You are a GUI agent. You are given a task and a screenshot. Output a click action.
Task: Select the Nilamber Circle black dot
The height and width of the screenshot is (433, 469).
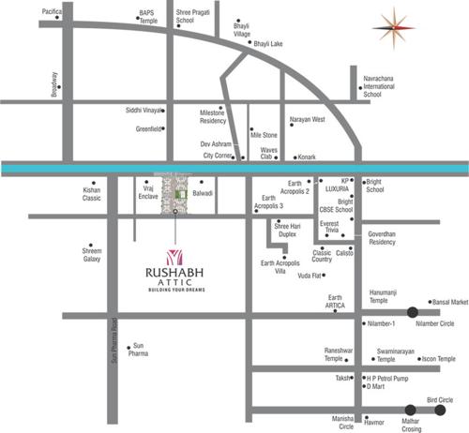[x=413, y=312]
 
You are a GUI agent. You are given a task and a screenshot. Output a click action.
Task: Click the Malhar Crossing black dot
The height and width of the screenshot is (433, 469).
[x=411, y=409]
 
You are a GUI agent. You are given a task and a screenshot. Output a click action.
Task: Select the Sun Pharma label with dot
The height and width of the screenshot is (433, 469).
[x=138, y=350]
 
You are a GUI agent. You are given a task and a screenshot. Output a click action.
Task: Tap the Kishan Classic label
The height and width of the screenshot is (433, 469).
[x=91, y=194]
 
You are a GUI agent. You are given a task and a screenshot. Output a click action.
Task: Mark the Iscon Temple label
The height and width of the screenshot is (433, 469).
[x=437, y=359]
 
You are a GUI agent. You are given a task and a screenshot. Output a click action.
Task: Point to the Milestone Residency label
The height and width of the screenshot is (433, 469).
[x=213, y=116]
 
